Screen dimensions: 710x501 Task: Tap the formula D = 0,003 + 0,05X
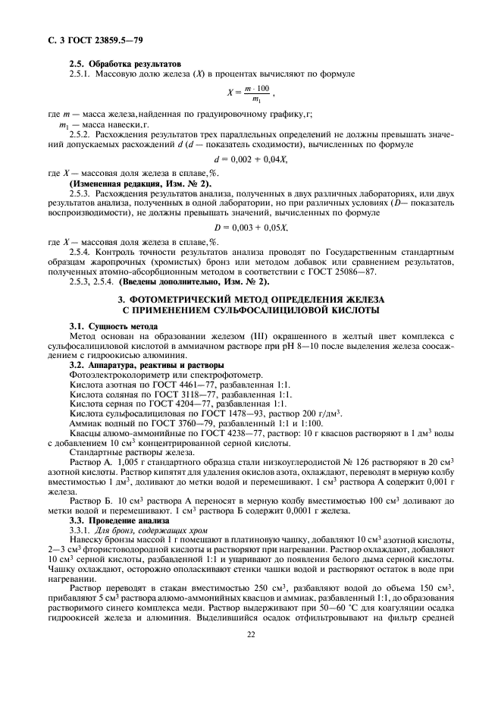click(250, 227)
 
